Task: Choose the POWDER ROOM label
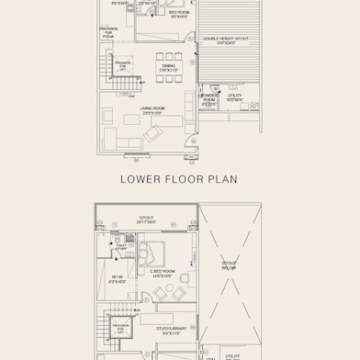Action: [x=208, y=97]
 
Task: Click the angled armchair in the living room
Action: [x=152, y=134]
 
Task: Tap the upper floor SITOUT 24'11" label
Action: [x=147, y=221]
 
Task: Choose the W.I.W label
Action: [x=118, y=278]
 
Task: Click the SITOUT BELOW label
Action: [x=229, y=264]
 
